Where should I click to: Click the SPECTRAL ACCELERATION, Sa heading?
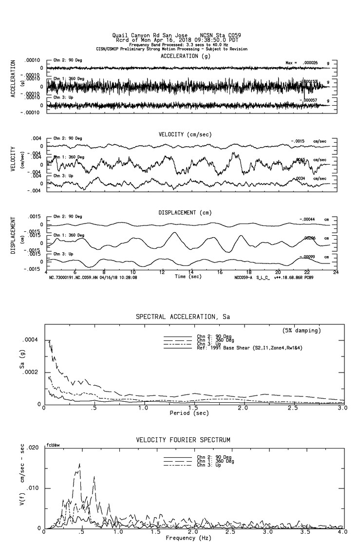[x=183, y=317]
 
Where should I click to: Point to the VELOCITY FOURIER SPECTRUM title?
[x=183, y=440]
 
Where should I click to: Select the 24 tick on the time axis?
[x=336, y=272]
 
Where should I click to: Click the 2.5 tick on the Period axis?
[x=292, y=408]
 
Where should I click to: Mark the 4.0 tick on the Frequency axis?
[x=342, y=533]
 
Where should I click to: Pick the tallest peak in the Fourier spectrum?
[x=79, y=464]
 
